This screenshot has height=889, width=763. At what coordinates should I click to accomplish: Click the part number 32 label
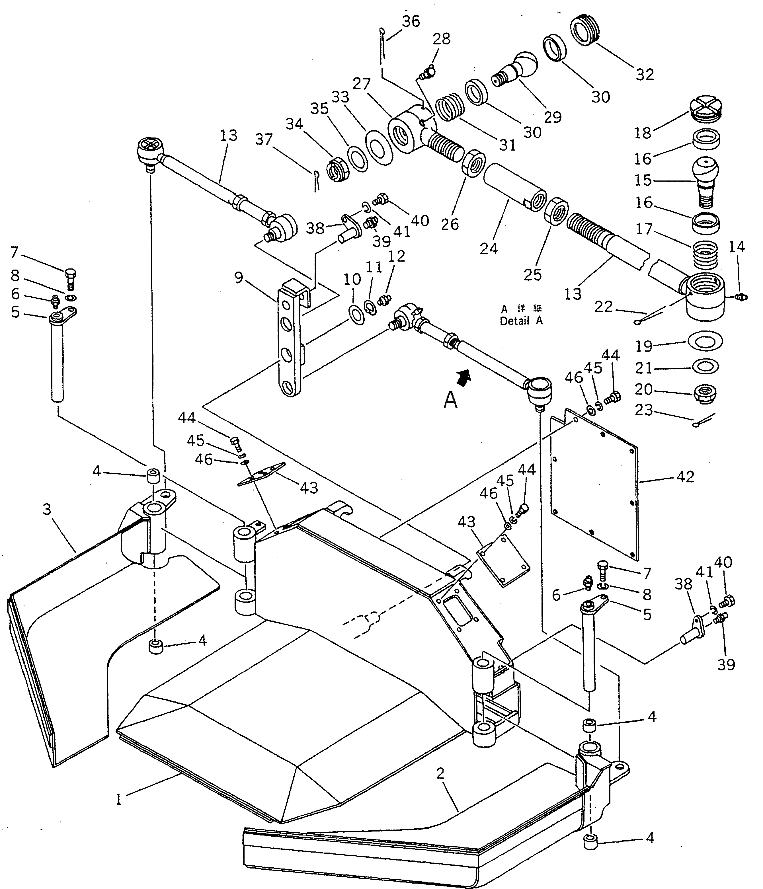[x=645, y=74]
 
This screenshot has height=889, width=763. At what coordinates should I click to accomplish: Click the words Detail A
[x=521, y=321]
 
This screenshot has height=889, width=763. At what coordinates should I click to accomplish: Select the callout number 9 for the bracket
[x=239, y=278]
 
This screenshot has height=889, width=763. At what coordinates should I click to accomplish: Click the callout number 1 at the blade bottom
[x=119, y=799]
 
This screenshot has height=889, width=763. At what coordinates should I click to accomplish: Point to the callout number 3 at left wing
[x=47, y=509]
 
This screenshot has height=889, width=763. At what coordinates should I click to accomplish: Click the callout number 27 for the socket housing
[x=361, y=83]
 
